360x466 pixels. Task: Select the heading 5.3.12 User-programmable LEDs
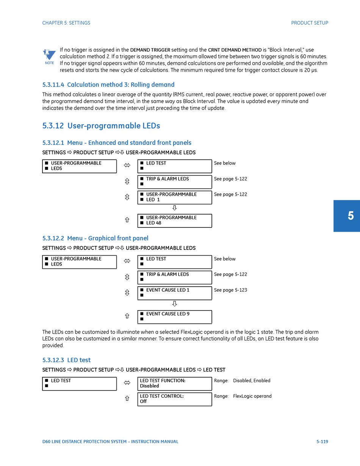click(101, 126)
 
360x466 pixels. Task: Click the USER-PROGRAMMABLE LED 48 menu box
click(174, 221)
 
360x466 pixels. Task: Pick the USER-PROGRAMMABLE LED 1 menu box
click(174, 197)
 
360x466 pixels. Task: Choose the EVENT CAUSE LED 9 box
click(174, 317)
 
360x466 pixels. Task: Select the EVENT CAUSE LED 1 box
click(174, 293)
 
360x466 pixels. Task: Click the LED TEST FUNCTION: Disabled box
click(174, 383)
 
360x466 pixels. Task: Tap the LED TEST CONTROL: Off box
click(174, 399)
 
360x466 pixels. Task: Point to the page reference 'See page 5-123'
click(230, 290)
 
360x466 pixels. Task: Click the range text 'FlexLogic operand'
click(252, 396)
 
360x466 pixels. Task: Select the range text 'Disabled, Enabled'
click(252, 381)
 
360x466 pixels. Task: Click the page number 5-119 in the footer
click(322, 442)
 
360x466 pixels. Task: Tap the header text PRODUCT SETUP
click(309, 23)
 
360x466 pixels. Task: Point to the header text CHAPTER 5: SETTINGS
click(66, 23)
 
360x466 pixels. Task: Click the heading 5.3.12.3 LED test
click(66, 360)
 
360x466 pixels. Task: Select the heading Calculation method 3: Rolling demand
click(108, 85)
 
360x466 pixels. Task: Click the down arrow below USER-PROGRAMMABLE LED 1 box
click(175, 208)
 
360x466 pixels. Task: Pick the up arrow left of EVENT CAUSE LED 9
click(127, 316)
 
